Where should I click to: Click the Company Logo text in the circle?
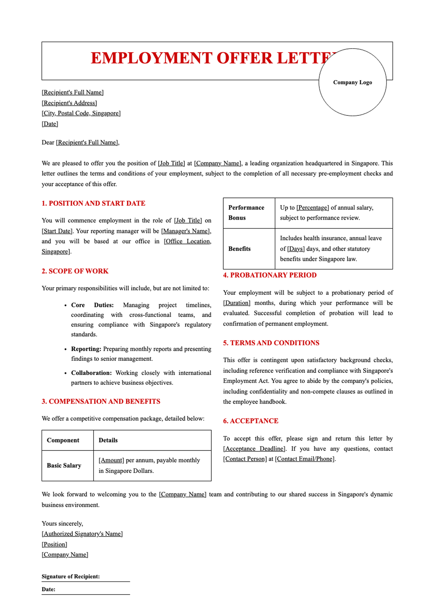click(352, 82)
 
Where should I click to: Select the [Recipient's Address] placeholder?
click(69, 103)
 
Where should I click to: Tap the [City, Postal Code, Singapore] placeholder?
click(81, 113)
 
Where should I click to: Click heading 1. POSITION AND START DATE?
click(94, 203)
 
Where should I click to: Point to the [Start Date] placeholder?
click(57, 231)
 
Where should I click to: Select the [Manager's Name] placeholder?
click(186, 231)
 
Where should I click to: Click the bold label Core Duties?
click(92, 305)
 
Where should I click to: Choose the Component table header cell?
click(63, 440)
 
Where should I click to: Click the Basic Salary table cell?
click(64, 465)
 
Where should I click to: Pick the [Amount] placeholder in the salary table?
click(111, 460)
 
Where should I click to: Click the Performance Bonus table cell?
click(246, 213)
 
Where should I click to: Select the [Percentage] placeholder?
click(312, 208)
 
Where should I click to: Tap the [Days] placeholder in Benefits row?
click(296, 249)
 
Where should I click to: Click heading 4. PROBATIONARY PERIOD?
click(270, 275)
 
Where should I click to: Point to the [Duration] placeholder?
click(237, 303)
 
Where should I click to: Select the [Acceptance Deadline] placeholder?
click(254, 449)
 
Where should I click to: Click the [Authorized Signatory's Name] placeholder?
click(82, 534)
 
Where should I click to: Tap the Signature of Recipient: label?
click(71, 576)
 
